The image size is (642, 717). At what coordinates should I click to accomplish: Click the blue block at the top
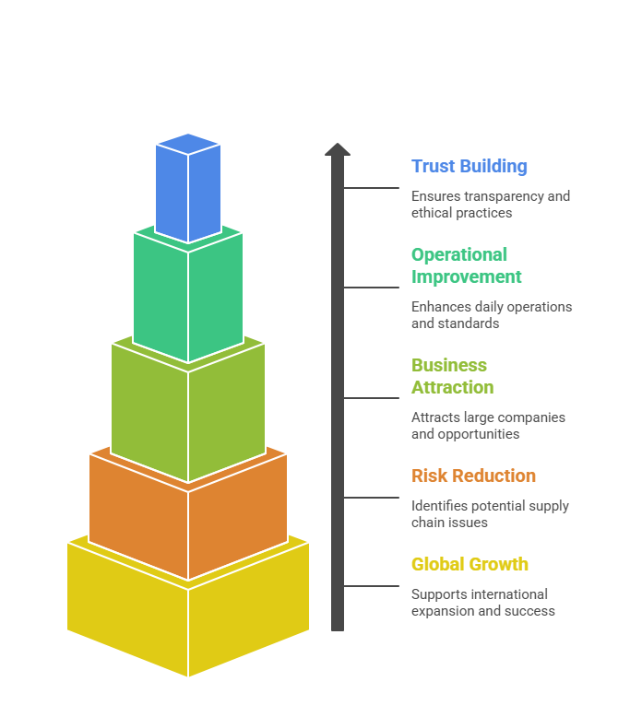click(x=188, y=187)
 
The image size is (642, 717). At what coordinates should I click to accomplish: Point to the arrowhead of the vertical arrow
click(x=338, y=149)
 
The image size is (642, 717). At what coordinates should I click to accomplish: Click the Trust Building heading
click(x=469, y=166)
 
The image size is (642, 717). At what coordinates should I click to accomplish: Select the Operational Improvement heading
click(x=467, y=265)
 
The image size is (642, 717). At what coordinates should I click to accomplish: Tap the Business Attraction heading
click(x=453, y=376)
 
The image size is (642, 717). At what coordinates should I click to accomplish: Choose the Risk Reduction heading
click(x=473, y=476)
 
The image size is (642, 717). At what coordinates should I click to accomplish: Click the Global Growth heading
click(x=470, y=564)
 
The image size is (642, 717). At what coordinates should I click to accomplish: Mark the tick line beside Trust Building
click(x=371, y=188)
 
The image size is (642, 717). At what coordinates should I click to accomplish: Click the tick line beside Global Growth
click(x=371, y=586)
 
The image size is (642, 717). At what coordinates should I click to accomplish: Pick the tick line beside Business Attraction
click(x=371, y=398)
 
